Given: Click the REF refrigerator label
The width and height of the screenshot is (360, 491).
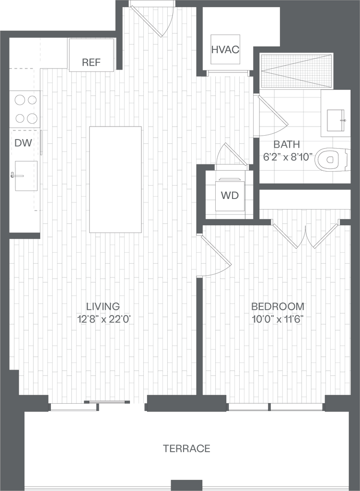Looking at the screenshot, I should (x=91, y=62).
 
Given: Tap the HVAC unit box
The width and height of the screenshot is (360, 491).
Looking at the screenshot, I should (x=225, y=49).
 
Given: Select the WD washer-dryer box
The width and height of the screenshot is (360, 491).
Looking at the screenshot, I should (x=230, y=195).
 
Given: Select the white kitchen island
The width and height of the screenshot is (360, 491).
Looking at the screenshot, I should (x=116, y=179).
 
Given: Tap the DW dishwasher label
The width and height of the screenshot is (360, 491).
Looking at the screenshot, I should (x=21, y=143).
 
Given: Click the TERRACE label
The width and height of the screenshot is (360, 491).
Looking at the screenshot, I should (x=186, y=449).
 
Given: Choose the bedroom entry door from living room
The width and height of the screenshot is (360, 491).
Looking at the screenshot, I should (x=215, y=251).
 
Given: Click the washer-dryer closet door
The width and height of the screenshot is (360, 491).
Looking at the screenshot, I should (x=235, y=154).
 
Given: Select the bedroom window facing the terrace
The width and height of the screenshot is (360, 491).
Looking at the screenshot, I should (x=275, y=407).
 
